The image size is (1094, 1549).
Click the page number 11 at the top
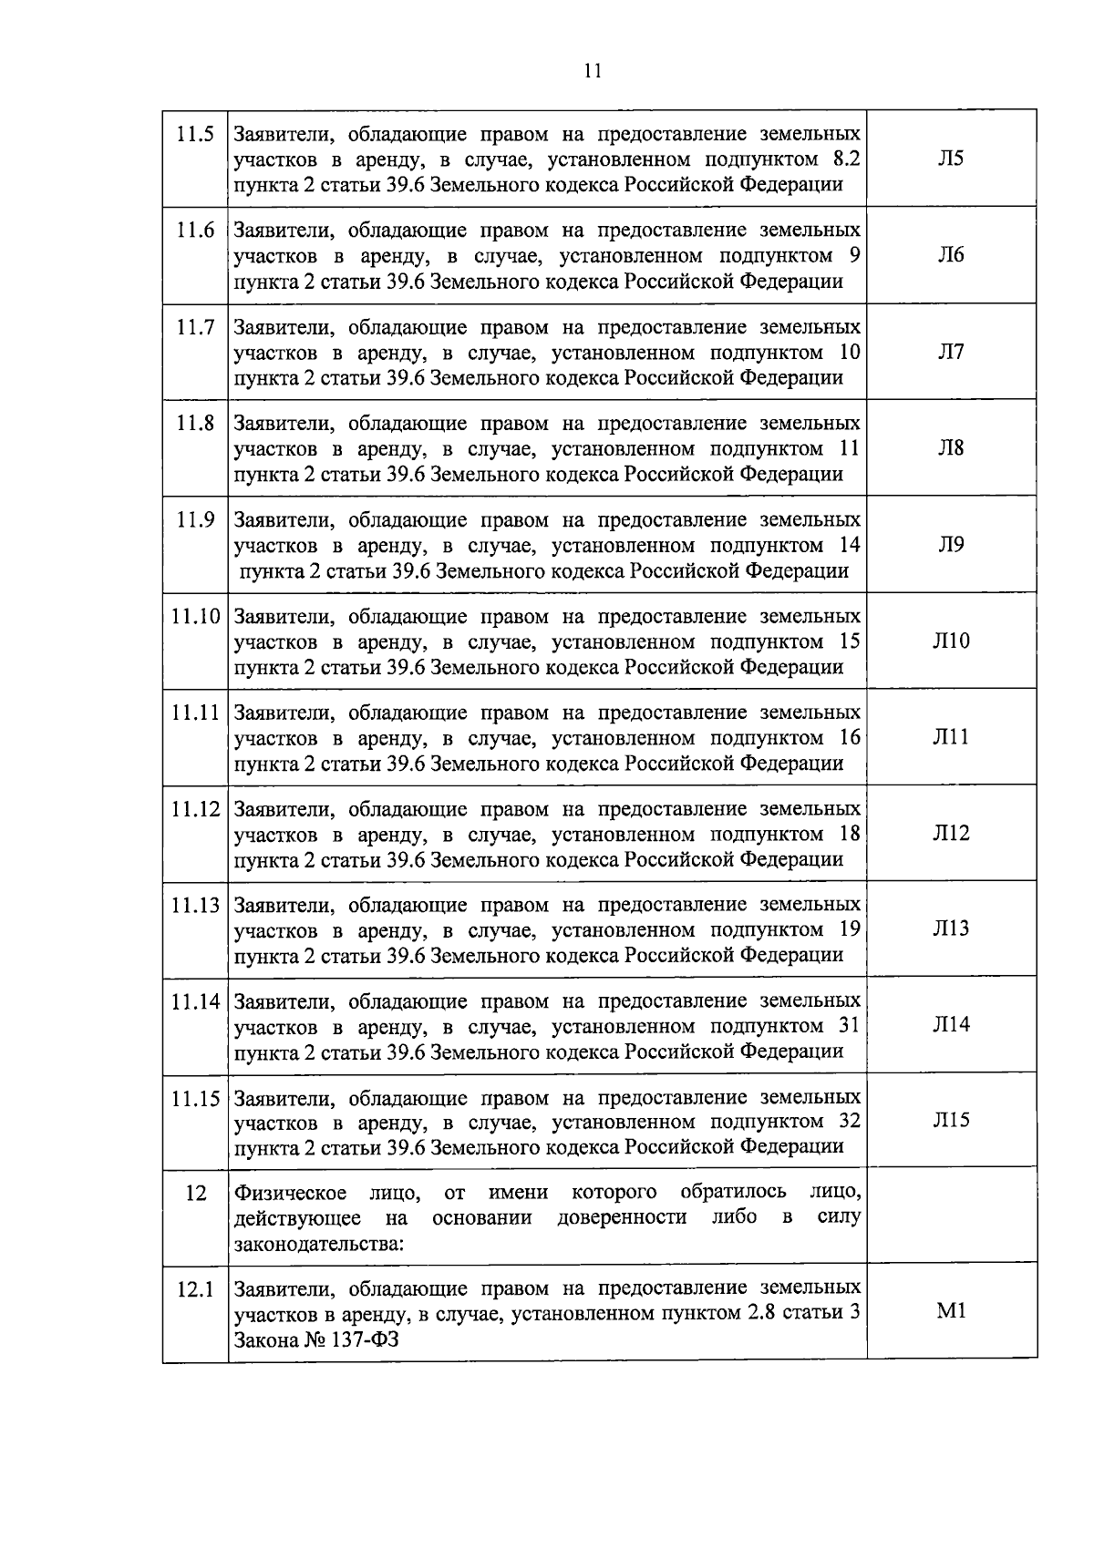[593, 71]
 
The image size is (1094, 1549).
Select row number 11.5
[195, 134]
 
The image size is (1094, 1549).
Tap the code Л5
[951, 159]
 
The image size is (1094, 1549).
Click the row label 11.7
[195, 327]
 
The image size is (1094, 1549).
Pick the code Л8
[951, 447]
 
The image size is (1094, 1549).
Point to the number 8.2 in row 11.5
[847, 159]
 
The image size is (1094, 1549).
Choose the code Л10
[951, 641]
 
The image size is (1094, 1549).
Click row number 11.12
[195, 809]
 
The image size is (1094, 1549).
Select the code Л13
[951, 928]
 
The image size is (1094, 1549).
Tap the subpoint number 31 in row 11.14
[849, 1026]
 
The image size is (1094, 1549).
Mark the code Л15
[951, 1121]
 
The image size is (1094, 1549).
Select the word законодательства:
[319, 1243]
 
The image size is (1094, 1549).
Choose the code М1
[951, 1312]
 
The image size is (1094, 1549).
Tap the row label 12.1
[195, 1289]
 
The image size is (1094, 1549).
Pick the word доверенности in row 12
[622, 1218]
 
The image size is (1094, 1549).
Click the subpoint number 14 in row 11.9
[849, 545]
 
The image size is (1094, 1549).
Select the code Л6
[951, 255]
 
